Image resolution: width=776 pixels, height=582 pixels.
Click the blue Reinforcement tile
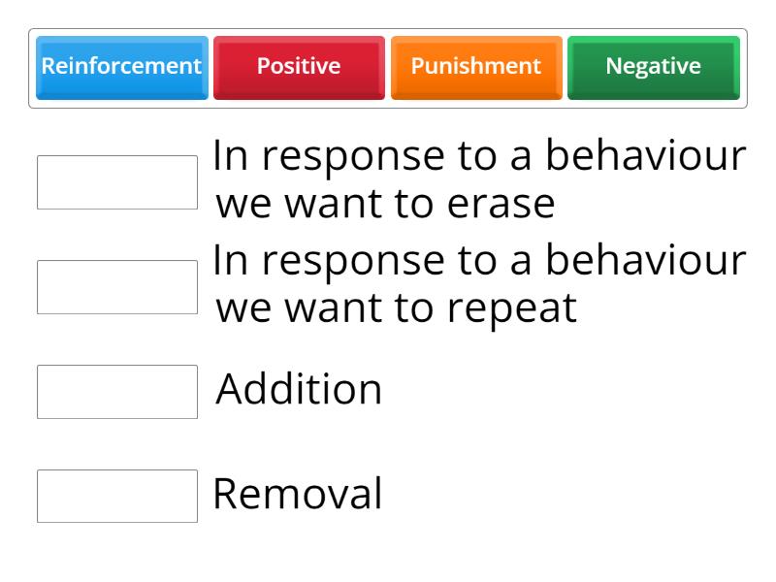coord(121,67)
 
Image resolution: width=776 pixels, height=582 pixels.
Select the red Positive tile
coord(299,67)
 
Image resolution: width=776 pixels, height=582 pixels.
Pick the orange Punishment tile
coord(475,67)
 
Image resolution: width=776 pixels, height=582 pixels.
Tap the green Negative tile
coord(653,67)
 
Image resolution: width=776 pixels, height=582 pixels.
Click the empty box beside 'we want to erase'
coord(117,182)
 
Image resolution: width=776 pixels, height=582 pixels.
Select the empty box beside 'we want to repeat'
coord(117,287)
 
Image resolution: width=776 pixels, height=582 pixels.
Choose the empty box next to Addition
coord(117,392)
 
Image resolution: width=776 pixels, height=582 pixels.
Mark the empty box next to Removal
coord(117,497)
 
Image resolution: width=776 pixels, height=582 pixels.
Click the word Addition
coord(299,390)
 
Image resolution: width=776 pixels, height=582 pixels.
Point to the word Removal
coord(298,495)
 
